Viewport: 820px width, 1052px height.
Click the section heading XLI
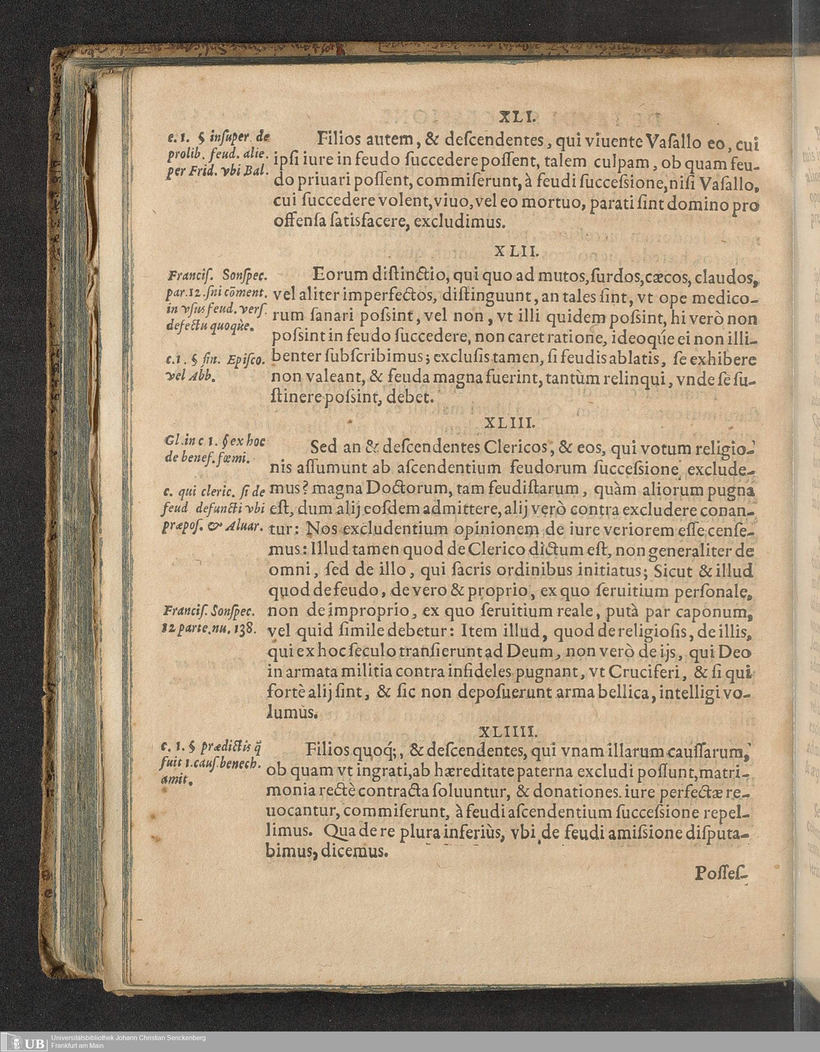click(x=515, y=117)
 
